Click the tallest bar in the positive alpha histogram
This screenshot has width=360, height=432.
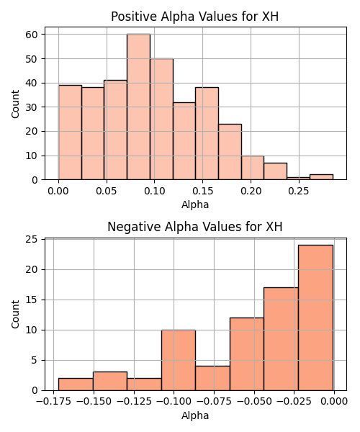coord(138,107)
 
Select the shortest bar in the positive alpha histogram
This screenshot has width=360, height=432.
coord(298,179)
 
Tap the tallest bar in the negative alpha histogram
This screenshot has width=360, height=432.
coord(315,318)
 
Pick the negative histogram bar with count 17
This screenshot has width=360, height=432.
coord(281,339)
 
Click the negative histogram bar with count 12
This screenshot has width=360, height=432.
coord(247,354)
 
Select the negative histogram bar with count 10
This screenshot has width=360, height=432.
coord(179,360)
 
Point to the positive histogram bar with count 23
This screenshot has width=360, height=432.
coord(230,152)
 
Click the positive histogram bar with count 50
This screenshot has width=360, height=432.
coord(162,119)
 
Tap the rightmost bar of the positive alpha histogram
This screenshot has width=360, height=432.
coord(321,177)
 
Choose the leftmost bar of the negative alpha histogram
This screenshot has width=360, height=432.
coord(76,384)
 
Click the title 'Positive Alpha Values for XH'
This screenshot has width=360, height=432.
coord(194,17)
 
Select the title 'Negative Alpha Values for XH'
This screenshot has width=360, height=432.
coord(194,227)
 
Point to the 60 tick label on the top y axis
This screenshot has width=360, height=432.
coord(31,35)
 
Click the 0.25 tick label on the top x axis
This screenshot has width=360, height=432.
coord(299,191)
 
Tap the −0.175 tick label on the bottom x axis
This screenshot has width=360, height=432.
coord(53,402)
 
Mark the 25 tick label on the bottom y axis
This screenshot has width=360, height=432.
coord(31,240)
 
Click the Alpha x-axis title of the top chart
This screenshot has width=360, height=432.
coord(195,204)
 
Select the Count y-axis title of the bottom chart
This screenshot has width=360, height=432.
coord(15,315)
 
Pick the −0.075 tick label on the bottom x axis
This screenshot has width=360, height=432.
coord(215,402)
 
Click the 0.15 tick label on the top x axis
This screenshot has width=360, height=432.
coord(203,191)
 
